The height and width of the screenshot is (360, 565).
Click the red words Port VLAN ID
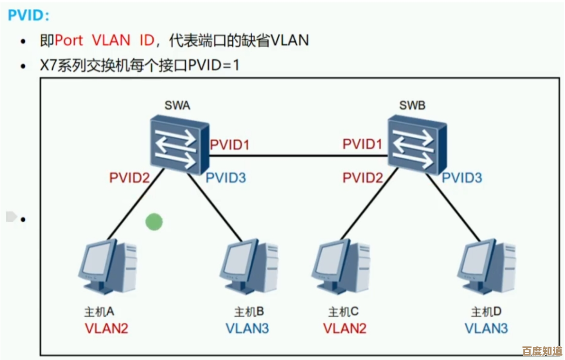click(x=104, y=40)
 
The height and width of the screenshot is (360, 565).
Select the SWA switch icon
click(x=178, y=145)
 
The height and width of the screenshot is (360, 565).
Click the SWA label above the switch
click(x=177, y=105)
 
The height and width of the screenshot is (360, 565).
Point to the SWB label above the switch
click(x=412, y=105)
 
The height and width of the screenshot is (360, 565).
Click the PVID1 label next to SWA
click(x=229, y=145)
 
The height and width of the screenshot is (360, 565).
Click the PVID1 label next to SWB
click(x=362, y=145)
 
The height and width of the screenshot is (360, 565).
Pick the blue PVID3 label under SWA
click(x=226, y=178)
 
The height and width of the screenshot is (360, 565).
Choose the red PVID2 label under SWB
click(x=362, y=178)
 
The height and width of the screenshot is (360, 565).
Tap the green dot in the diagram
click(x=154, y=222)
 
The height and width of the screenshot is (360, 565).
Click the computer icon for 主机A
click(x=108, y=267)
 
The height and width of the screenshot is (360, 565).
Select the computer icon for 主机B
click(x=250, y=267)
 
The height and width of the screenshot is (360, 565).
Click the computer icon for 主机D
click(x=486, y=267)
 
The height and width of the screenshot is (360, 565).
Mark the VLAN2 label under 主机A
click(x=107, y=328)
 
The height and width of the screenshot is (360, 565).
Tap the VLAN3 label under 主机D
click(x=486, y=328)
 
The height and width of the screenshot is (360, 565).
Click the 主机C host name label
click(x=343, y=311)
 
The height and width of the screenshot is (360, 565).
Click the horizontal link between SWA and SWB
click(x=298, y=156)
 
